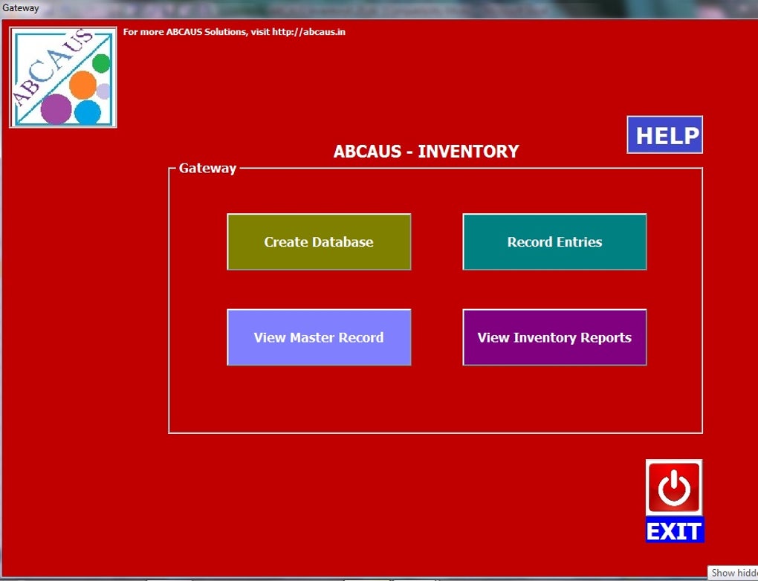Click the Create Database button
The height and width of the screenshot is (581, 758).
pyautogui.click(x=319, y=241)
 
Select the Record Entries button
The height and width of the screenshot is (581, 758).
pyautogui.click(x=554, y=241)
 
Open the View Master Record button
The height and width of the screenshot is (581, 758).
pyautogui.click(x=319, y=337)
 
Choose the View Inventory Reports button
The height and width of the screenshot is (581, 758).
pyautogui.click(x=554, y=337)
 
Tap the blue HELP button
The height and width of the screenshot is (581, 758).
pyautogui.click(x=664, y=135)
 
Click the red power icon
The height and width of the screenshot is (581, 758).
pyautogui.click(x=674, y=487)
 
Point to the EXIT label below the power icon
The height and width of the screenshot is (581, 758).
pyautogui.click(x=674, y=530)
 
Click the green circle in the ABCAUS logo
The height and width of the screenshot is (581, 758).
pyautogui.click(x=102, y=64)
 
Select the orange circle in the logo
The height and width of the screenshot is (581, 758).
pyautogui.click(x=82, y=85)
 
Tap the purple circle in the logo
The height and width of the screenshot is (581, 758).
pyautogui.click(x=56, y=108)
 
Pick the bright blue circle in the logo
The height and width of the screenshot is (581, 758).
pyautogui.click(x=88, y=112)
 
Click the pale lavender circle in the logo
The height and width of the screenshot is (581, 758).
pyautogui.click(x=103, y=91)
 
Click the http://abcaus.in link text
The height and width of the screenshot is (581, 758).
pyautogui.click(x=308, y=32)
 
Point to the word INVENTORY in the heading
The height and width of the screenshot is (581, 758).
pyautogui.click(x=468, y=152)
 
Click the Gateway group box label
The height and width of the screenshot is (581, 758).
pyautogui.click(x=207, y=168)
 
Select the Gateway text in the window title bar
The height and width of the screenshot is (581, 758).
pyautogui.click(x=20, y=7)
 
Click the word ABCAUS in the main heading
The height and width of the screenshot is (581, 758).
pyautogui.click(x=367, y=152)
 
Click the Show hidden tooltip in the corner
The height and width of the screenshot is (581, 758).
pyautogui.click(x=733, y=573)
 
